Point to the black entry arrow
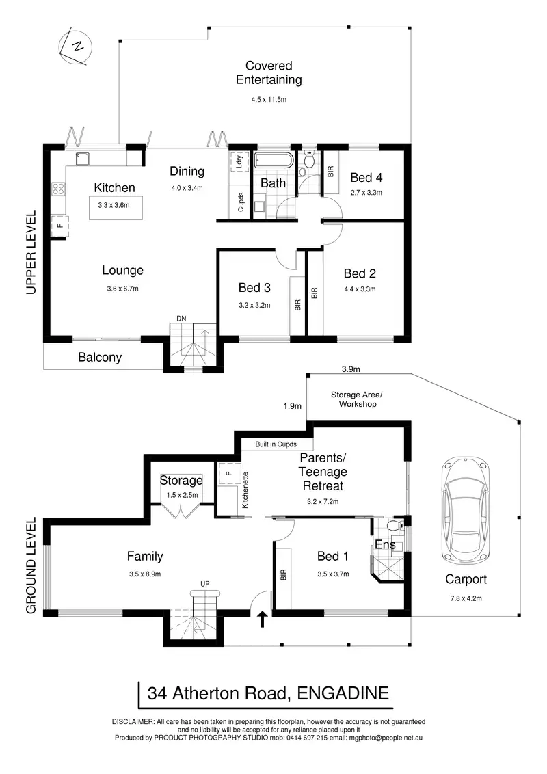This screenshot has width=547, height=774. pos(262,619)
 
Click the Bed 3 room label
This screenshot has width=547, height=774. pos(254,287)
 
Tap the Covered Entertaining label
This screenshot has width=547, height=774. pos(269,73)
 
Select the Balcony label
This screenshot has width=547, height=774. pos(100,357)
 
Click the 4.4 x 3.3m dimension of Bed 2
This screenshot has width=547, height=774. pos(360,289)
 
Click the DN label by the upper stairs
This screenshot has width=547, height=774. pos(181,319)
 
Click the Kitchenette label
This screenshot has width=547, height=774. pos(244,490)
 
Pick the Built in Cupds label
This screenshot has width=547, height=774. pos(276,444)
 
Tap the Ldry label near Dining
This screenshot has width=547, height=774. pos(239,163)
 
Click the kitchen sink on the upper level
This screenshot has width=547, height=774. pos(84,159)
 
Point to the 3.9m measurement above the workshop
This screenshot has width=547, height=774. pos(351,369)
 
